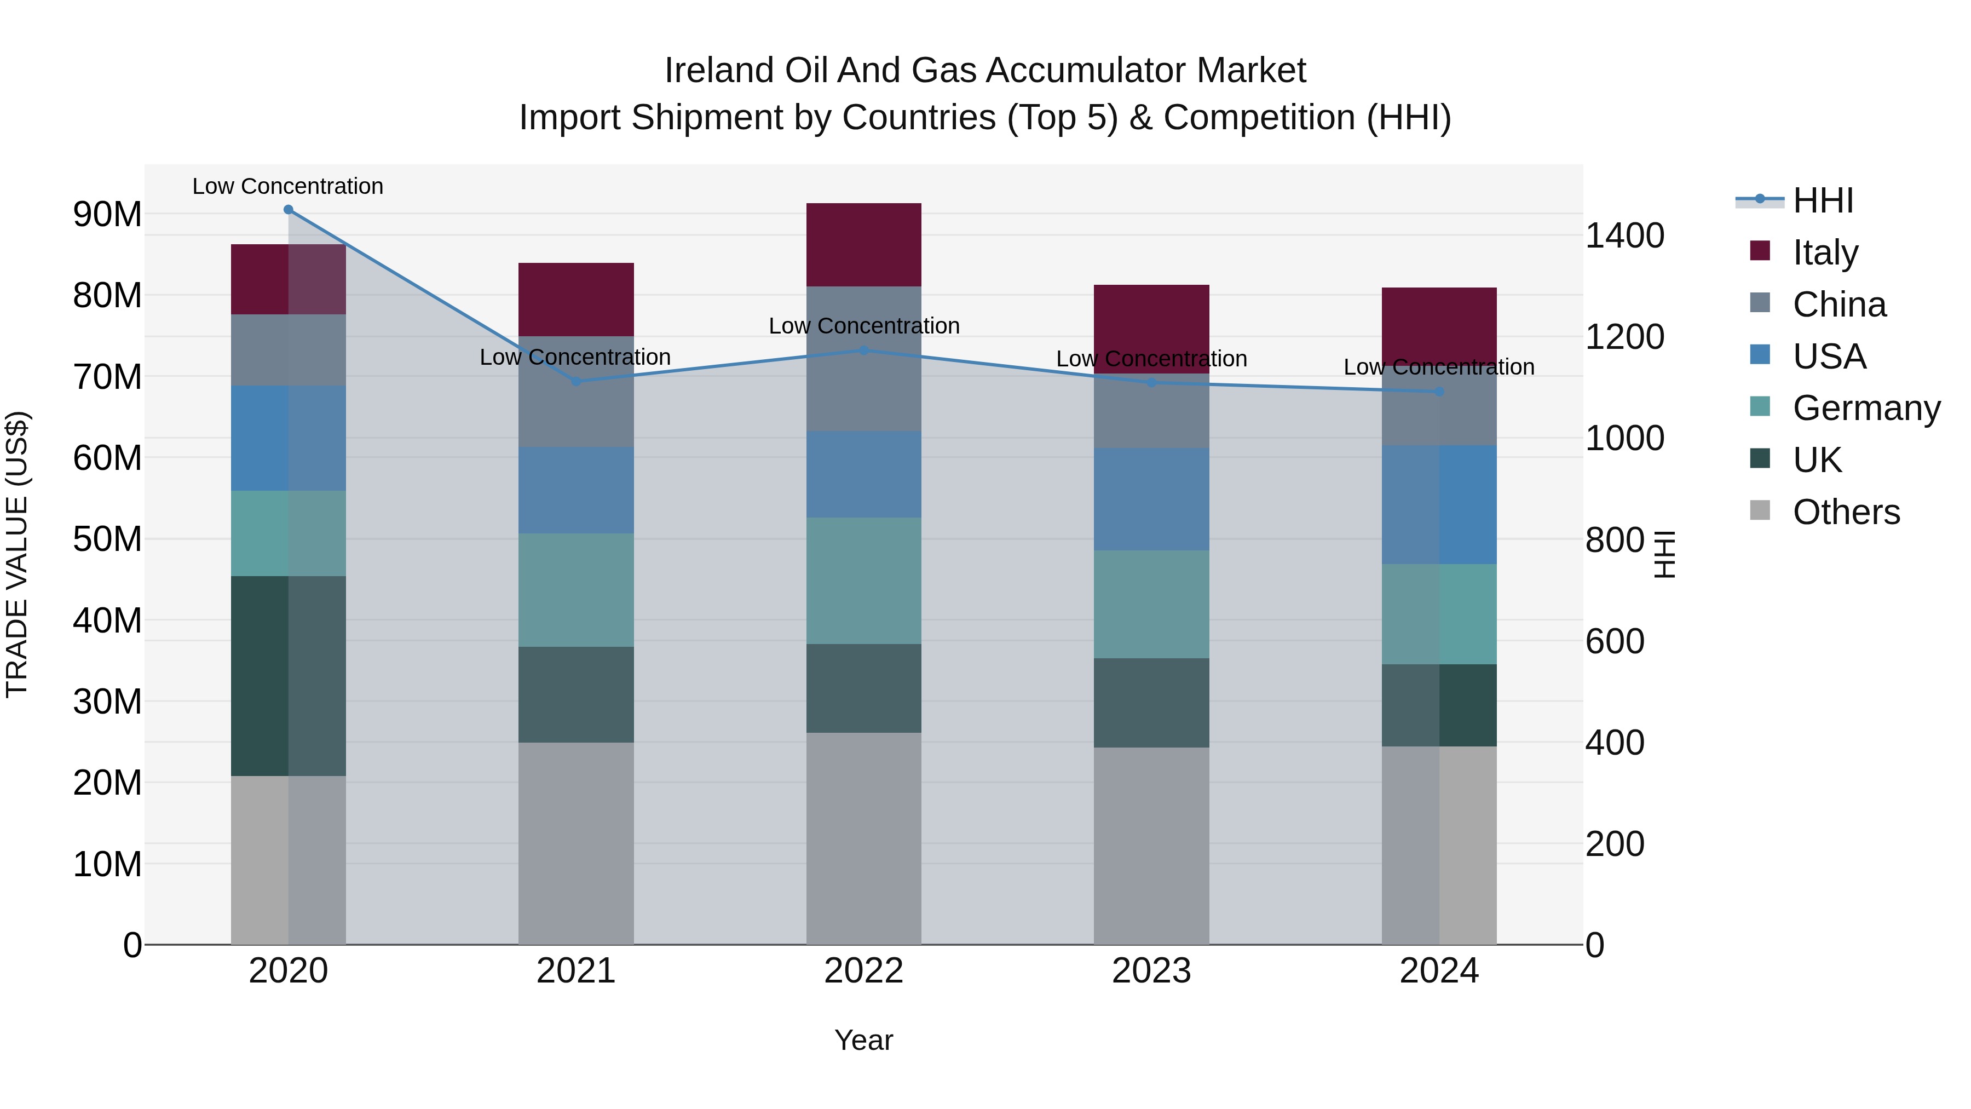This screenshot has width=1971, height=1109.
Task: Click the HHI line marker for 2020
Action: click(289, 210)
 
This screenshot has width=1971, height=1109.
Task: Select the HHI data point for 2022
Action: click(864, 350)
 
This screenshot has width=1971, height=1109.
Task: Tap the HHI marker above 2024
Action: click(1439, 392)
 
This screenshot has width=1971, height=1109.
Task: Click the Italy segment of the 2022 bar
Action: click(864, 245)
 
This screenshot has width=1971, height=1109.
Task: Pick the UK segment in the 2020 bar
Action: click(289, 676)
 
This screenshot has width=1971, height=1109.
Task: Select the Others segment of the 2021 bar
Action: click(576, 843)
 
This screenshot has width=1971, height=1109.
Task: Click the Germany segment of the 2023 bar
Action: click(1151, 604)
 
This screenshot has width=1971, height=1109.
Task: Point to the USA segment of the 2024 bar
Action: click(1439, 505)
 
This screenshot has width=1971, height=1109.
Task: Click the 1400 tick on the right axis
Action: click(1624, 235)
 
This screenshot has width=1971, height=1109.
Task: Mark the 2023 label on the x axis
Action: click(1151, 971)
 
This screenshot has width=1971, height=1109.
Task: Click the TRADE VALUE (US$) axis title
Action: click(18, 554)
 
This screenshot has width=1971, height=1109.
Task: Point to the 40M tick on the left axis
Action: click(107, 620)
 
